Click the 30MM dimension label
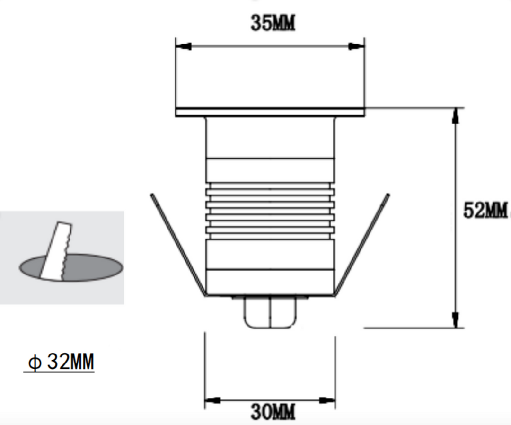tap(273, 412)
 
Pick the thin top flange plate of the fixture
tap(270, 112)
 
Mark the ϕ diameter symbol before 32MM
tap(35, 363)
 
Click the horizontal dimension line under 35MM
tap(270, 46)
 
